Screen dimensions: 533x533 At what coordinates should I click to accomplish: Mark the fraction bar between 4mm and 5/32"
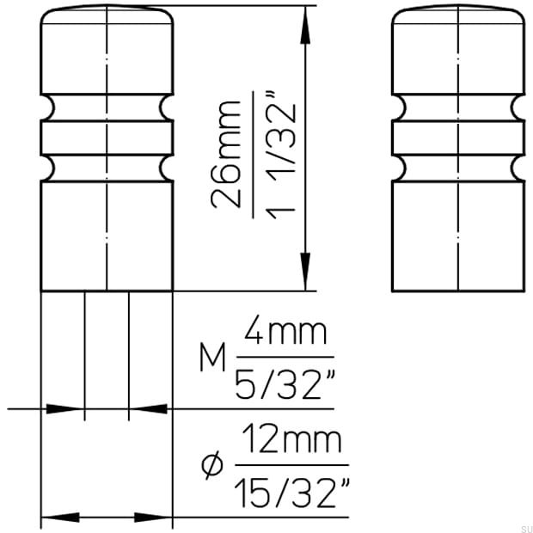tap(285, 358)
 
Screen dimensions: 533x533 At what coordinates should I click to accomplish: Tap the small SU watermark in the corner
tap(524, 526)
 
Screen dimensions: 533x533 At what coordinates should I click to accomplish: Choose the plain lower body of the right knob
tap(457, 232)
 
